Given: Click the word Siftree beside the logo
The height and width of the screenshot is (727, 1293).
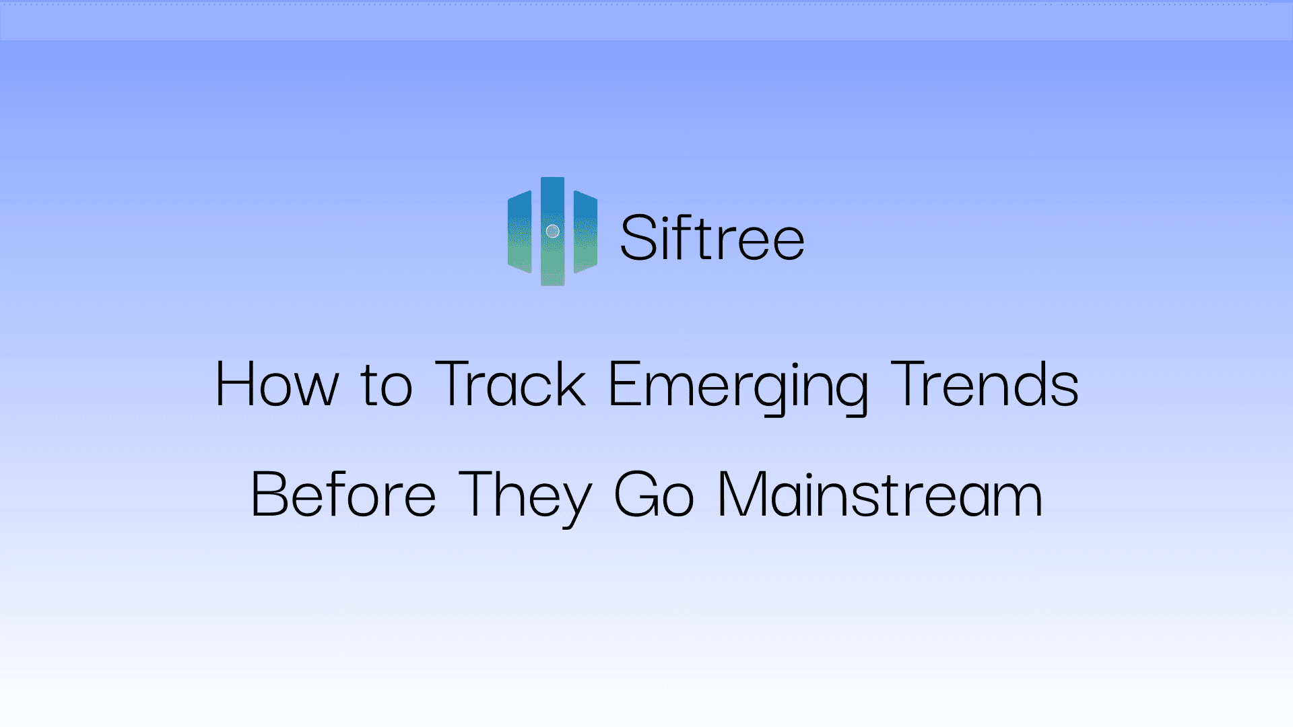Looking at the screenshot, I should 712,238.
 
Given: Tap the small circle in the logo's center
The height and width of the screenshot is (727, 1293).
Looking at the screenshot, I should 552,232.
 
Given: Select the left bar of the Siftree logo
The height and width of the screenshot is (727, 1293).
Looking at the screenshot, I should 519,232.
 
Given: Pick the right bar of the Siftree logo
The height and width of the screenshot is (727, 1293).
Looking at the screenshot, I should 585,232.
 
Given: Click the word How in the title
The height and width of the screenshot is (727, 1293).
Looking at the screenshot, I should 277,384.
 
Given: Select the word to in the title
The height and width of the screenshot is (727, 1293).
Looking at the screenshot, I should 386,386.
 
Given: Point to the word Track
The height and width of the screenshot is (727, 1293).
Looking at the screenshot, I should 510,384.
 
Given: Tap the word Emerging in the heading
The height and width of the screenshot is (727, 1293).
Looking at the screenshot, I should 738,386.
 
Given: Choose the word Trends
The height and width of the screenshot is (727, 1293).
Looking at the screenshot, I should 985,384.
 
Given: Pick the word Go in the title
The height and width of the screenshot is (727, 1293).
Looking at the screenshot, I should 653,495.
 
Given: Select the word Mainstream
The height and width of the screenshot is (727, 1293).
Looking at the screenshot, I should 880,495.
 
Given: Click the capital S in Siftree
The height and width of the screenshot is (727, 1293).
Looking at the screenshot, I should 638,238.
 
